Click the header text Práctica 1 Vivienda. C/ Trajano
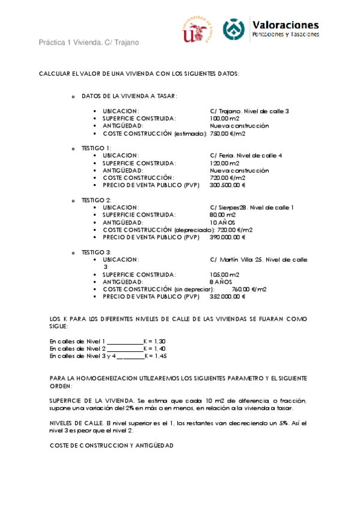tap(89, 43)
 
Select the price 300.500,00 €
tap(228, 185)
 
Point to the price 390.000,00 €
tap(228, 237)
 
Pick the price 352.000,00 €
tap(228, 296)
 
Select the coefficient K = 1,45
tap(154, 356)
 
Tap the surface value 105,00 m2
tap(224, 274)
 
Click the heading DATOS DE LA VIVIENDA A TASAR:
tap(129, 96)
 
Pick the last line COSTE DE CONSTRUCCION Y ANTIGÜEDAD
tap(111, 446)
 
